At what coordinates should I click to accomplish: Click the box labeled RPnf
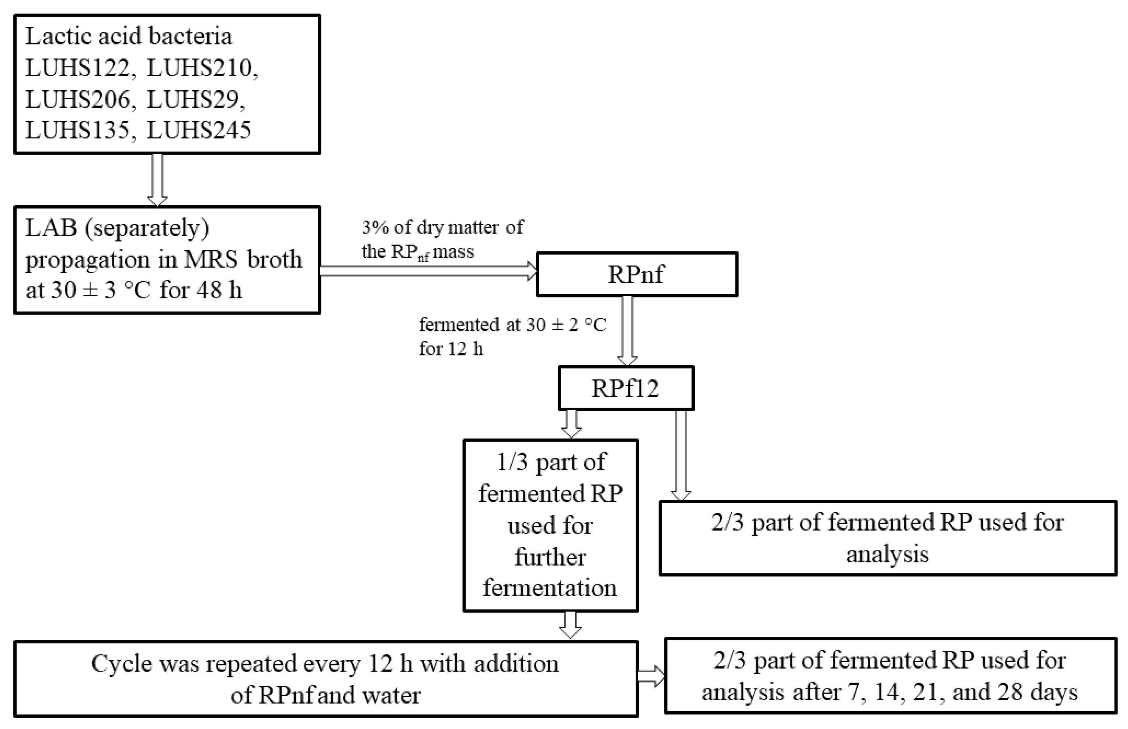point(636,274)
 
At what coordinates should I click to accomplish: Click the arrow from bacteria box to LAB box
point(157,180)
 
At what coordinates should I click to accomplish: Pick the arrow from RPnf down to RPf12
point(627,330)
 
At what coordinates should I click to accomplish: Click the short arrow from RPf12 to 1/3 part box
point(571,424)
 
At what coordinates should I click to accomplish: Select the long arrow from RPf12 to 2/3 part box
point(681,455)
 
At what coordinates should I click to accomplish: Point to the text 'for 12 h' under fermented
point(451,349)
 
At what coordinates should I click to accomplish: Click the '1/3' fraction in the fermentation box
point(512,461)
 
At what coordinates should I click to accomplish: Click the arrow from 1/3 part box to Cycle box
point(570,625)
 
